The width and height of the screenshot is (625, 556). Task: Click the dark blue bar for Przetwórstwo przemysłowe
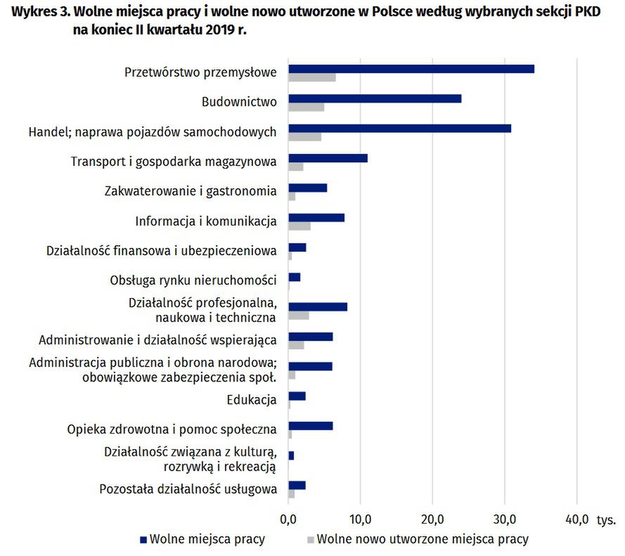pos(411,69)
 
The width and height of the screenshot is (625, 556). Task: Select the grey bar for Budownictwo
pos(307,107)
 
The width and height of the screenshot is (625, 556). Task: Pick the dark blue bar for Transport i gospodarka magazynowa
pos(328,158)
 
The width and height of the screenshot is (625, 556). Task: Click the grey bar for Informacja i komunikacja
pos(299,226)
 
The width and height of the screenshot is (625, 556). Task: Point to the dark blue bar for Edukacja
pos(297,396)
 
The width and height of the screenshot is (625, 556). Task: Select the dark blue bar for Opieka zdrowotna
pos(310,426)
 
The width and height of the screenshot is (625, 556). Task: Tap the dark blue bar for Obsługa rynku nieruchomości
pos(294,277)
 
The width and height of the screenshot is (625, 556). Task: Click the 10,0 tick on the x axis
pos(360,520)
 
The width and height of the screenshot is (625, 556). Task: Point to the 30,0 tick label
pos(504,520)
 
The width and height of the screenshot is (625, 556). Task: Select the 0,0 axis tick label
pos(288,520)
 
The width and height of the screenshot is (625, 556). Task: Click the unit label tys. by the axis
pos(607,521)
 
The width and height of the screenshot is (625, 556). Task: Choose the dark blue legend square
pos(144,540)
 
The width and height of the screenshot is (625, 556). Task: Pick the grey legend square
pos(310,540)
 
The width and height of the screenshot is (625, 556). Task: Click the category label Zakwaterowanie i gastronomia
pos(190,190)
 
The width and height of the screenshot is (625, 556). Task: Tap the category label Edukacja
pos(251,400)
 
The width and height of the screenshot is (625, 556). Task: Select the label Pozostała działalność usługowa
pos(188,489)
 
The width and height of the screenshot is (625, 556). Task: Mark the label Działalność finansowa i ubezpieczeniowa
pos(161,250)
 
